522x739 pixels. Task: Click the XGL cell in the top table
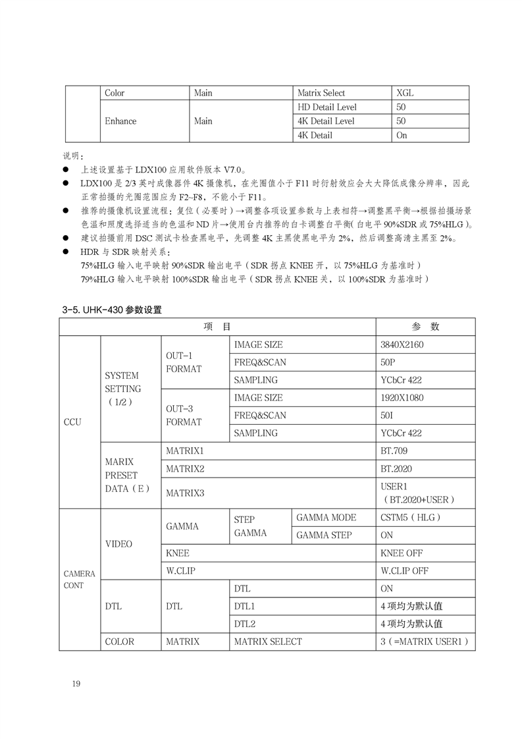click(x=405, y=93)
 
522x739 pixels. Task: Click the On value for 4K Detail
click(x=402, y=135)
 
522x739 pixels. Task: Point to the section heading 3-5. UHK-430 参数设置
click(x=111, y=309)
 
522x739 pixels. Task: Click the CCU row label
click(x=72, y=422)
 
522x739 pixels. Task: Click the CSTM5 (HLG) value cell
click(x=410, y=518)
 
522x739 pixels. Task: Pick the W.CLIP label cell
click(x=180, y=571)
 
